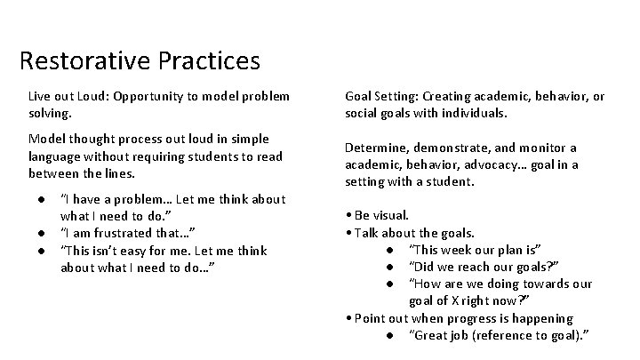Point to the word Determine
[374, 148]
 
